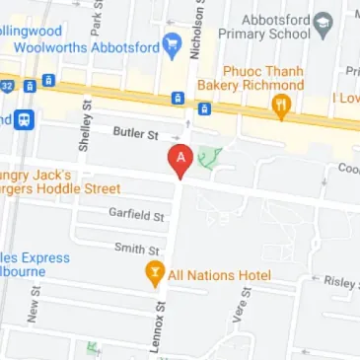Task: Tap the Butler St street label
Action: pyautogui.click(x=135, y=131)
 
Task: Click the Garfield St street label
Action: pyautogui.click(x=136, y=212)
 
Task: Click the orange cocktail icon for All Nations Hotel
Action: pyautogui.click(x=154, y=274)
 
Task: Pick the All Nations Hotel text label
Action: pyautogui.click(x=219, y=275)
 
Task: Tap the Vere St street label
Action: pyautogui.click(x=239, y=314)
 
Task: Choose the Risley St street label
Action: pyautogui.click(x=340, y=283)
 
